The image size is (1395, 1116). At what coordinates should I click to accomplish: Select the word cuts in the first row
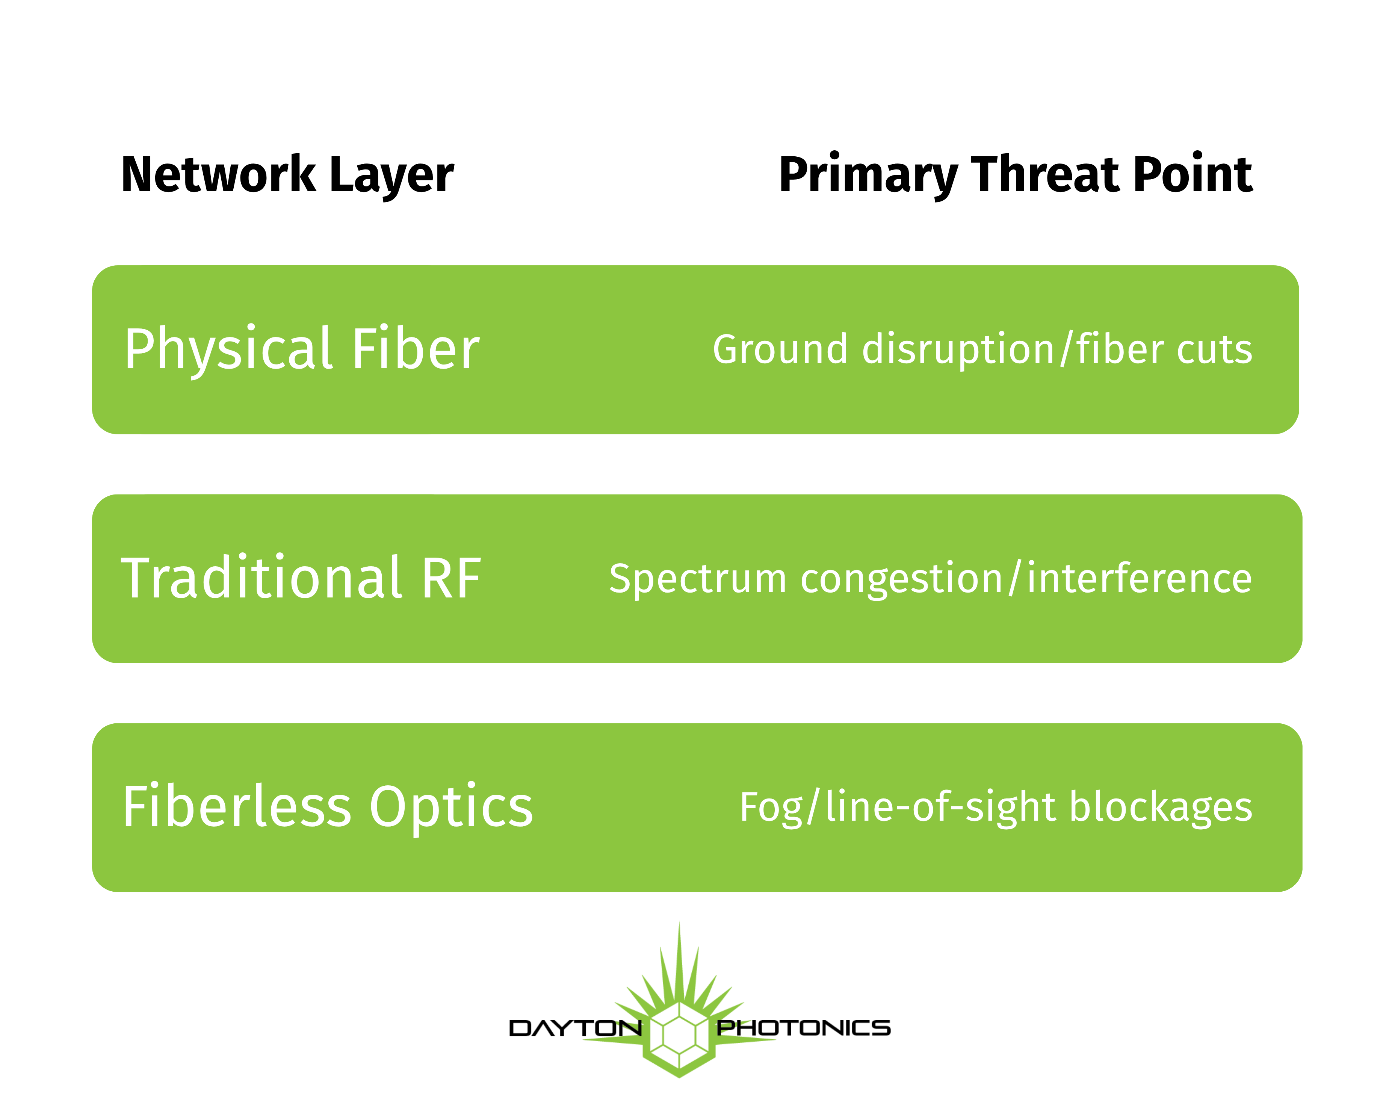tap(1215, 351)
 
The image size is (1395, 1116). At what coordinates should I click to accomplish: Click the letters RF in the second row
tap(452, 578)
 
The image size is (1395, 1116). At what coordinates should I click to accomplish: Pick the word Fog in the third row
tap(771, 808)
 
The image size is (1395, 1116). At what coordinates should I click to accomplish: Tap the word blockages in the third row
tap(1161, 808)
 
